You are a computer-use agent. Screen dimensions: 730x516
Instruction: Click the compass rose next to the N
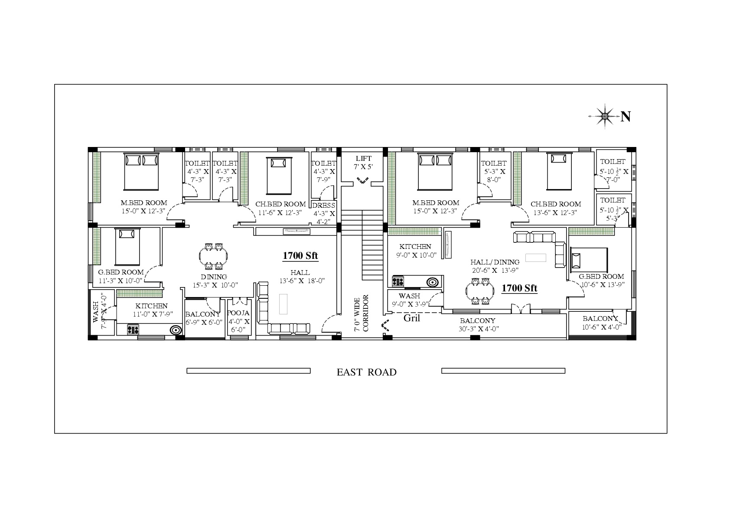click(x=605, y=116)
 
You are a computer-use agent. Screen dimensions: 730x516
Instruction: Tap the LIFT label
click(x=363, y=159)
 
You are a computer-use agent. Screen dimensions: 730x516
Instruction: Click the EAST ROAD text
click(x=366, y=372)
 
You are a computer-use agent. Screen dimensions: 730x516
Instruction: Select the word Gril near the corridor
click(x=412, y=318)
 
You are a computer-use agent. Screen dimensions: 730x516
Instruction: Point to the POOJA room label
click(x=238, y=313)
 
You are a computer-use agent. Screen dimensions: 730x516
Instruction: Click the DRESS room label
click(x=324, y=206)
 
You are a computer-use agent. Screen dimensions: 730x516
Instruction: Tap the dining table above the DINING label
click(x=213, y=256)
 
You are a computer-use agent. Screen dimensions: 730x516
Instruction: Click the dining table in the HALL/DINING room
click(x=480, y=291)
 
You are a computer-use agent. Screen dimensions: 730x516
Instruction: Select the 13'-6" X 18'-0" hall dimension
click(x=302, y=281)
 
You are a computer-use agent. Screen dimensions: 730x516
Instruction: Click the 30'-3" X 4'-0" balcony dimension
click(x=479, y=329)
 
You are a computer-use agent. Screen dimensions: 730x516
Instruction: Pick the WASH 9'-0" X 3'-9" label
click(x=410, y=300)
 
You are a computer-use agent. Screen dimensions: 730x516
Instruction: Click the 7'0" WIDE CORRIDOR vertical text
click(x=361, y=314)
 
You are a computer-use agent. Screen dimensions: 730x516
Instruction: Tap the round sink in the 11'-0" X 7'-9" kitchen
click(x=176, y=330)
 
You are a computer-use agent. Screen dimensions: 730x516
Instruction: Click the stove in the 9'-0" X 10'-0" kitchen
click(x=398, y=281)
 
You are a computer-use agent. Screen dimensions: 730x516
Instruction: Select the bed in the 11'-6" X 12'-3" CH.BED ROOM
click(x=279, y=176)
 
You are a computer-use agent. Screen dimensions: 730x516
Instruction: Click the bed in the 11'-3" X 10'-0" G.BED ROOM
click(x=127, y=247)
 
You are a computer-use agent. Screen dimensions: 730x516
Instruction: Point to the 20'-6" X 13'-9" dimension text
click(x=495, y=270)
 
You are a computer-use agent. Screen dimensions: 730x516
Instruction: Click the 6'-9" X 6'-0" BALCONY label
click(x=203, y=318)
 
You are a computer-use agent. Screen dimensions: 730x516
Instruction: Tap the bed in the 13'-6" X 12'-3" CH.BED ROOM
click(x=559, y=171)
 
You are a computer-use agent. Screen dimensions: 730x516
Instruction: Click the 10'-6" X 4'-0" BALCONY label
click(x=602, y=323)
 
